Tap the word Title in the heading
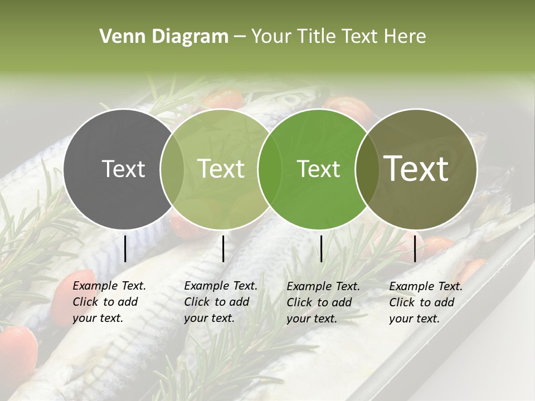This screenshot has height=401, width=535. [315, 37]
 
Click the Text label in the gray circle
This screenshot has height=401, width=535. [123, 169]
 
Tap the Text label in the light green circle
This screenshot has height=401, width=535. [221, 169]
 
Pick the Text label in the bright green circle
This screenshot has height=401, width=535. [318, 169]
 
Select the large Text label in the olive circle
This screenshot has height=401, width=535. [416, 169]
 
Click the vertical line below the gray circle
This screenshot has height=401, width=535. [125, 248]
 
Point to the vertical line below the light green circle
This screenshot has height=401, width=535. [223, 248]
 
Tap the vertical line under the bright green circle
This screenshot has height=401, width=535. [322, 248]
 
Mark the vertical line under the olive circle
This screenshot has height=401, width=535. [415, 248]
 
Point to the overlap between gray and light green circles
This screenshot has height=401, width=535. [172, 169]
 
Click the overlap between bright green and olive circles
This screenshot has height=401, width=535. [365, 169]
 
